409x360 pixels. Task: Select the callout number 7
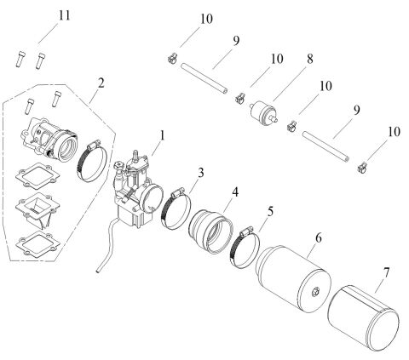(389, 275)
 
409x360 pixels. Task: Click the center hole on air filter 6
(316, 294)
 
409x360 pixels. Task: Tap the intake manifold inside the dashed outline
(53, 137)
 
